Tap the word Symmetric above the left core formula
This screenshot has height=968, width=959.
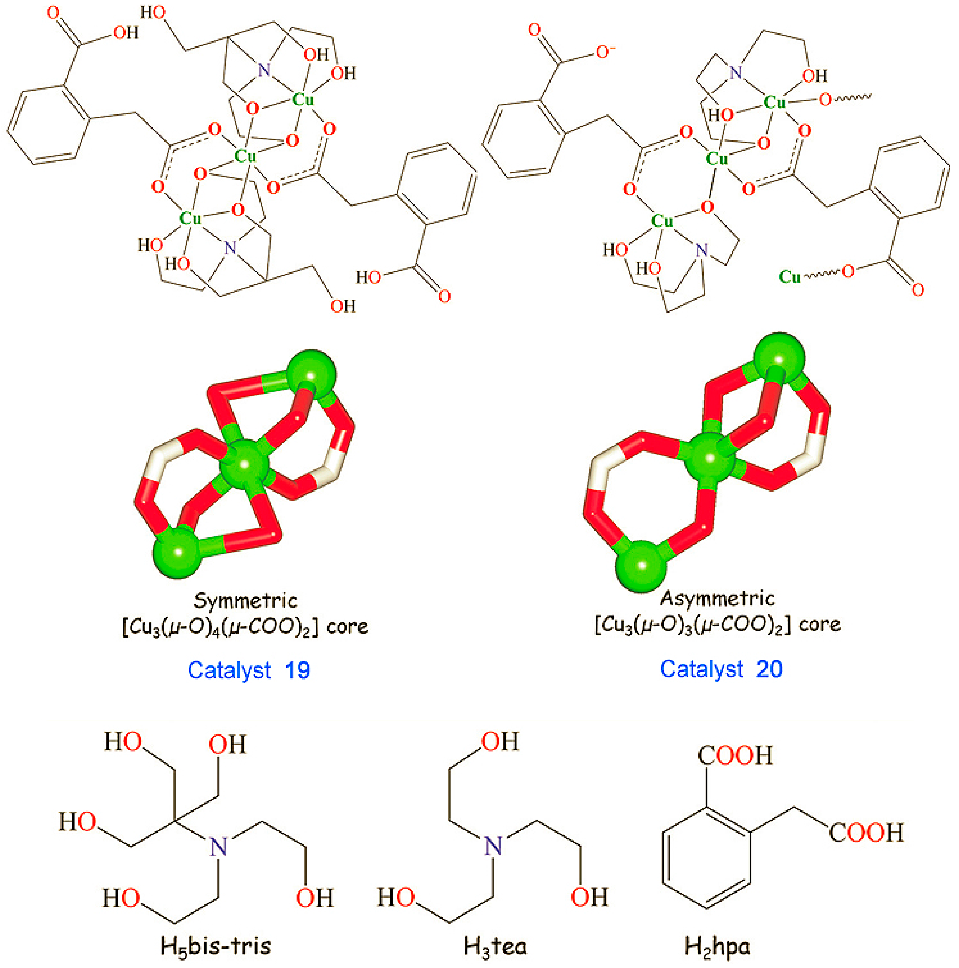pyautogui.click(x=245, y=600)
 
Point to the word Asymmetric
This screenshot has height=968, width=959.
pyautogui.click(x=717, y=598)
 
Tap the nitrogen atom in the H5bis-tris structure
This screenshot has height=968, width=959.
pyautogui.click(x=218, y=847)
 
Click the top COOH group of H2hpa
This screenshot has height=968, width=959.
pyautogui.click(x=735, y=756)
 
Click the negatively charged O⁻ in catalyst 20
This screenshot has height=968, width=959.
pyautogui.click(x=605, y=52)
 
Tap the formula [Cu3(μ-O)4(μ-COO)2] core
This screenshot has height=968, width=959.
pyautogui.click(x=245, y=627)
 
